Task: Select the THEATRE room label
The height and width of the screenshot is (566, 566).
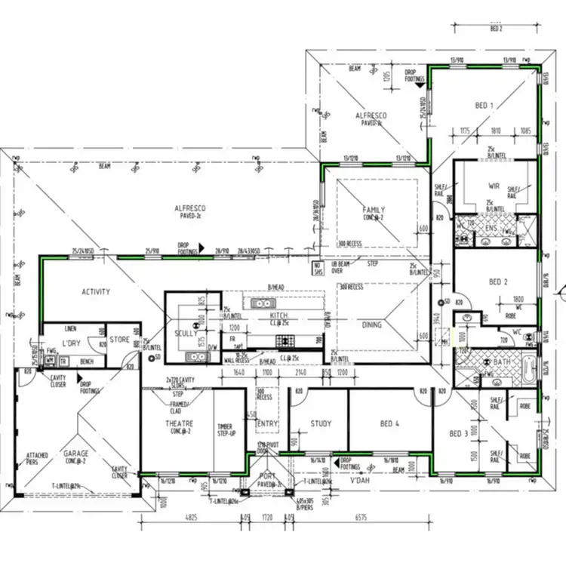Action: [180, 424]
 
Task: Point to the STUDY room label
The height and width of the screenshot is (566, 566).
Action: [321, 424]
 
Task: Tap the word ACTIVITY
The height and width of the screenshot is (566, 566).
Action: [96, 291]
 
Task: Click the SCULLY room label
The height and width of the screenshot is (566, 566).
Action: [186, 332]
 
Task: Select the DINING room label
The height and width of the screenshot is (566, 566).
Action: [371, 325]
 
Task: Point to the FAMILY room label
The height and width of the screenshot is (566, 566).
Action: [374, 211]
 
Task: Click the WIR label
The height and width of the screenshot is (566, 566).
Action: [494, 185]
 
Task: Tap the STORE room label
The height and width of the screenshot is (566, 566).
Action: [120, 339]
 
